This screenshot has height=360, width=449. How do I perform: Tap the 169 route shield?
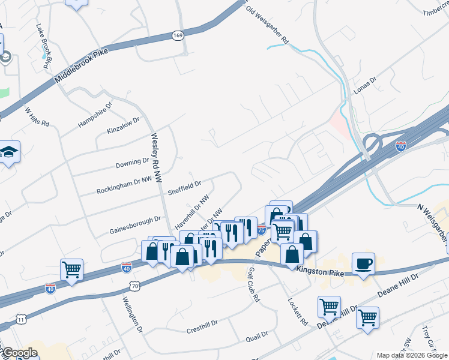pyautogui.click(x=178, y=36)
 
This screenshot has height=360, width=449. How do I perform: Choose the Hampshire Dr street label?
pyautogui.click(x=95, y=115)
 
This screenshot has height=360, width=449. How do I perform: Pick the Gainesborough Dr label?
pyautogui.click(x=136, y=225)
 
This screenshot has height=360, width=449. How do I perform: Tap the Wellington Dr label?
pyautogui.click(x=133, y=314)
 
